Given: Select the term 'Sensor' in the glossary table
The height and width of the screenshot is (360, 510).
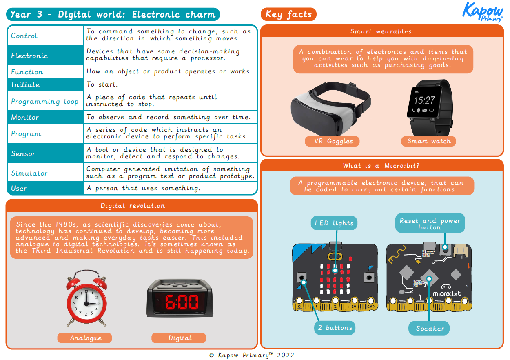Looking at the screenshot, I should (x=23, y=153).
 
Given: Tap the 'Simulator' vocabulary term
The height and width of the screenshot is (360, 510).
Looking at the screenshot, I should (x=29, y=173).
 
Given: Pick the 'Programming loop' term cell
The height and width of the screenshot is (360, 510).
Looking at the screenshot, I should (x=44, y=102).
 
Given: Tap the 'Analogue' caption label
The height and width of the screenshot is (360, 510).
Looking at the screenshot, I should (x=85, y=338).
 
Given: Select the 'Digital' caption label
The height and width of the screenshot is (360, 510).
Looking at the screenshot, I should (x=180, y=338).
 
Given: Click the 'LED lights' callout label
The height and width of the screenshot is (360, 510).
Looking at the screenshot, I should (x=334, y=223).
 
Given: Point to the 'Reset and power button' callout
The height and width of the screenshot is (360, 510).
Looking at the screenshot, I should (x=430, y=224).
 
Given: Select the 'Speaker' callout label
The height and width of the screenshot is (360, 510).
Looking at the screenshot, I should (x=430, y=328).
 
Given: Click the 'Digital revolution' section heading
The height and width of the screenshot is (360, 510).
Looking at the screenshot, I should (x=133, y=206).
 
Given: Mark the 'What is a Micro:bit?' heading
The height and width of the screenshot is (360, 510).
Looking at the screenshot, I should (x=381, y=165).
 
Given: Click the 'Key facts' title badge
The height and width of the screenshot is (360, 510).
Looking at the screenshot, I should (x=288, y=14).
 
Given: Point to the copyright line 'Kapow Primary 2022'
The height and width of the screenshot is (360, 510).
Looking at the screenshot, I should (x=252, y=355).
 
